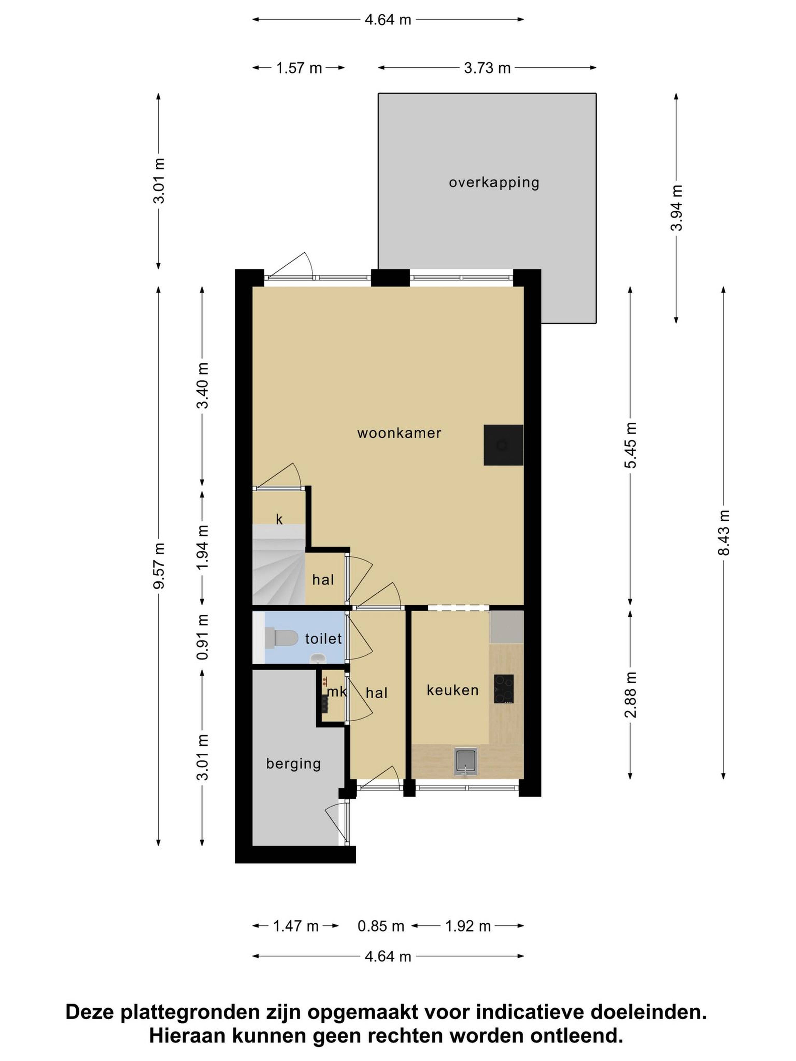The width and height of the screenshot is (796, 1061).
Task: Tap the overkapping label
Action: coord(494,183)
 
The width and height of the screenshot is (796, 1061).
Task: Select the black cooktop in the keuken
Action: coord(503,689)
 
